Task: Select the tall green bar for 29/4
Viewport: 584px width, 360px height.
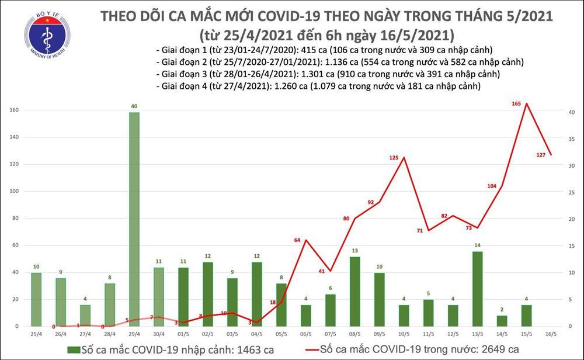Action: (x=134, y=219)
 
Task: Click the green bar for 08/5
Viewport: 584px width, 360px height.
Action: (x=354, y=291)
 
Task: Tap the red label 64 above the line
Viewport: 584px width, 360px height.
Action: (x=297, y=240)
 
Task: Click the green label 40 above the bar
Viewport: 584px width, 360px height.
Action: (x=134, y=106)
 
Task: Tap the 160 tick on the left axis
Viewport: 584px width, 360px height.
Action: (x=15, y=110)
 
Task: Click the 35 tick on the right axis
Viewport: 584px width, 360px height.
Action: (x=572, y=139)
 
